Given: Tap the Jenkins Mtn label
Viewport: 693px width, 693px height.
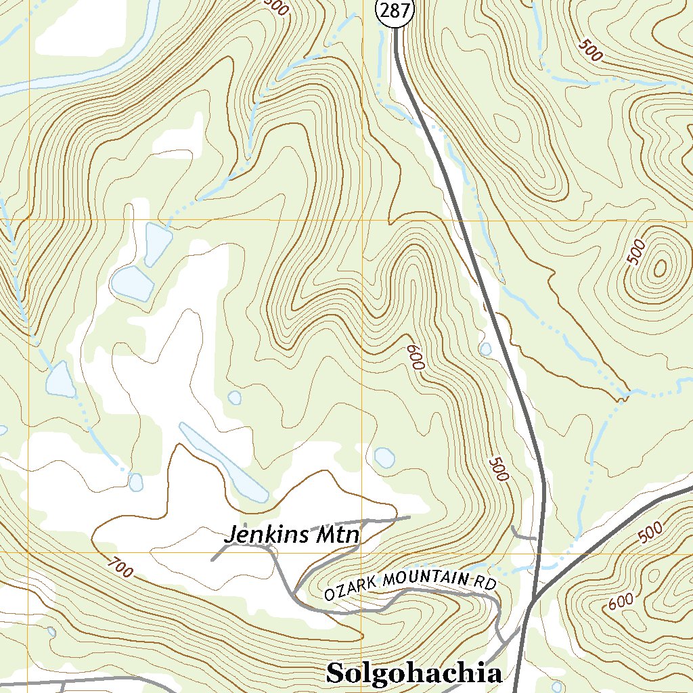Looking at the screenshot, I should [292, 535].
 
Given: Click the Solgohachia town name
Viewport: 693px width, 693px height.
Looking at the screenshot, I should [414, 673].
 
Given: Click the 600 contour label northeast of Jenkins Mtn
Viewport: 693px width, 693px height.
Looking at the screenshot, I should [415, 357].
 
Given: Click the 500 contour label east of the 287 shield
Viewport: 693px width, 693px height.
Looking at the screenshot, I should [590, 51].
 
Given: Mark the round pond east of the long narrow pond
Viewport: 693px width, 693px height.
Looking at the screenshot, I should [384, 457].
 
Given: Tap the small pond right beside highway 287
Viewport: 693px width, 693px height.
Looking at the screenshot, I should [485, 349].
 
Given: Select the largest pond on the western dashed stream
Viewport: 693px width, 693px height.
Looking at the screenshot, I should [60, 379].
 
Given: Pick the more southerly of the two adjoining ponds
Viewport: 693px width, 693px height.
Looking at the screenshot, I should [131, 282].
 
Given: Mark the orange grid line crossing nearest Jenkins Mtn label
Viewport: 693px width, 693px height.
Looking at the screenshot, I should [361, 552].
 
